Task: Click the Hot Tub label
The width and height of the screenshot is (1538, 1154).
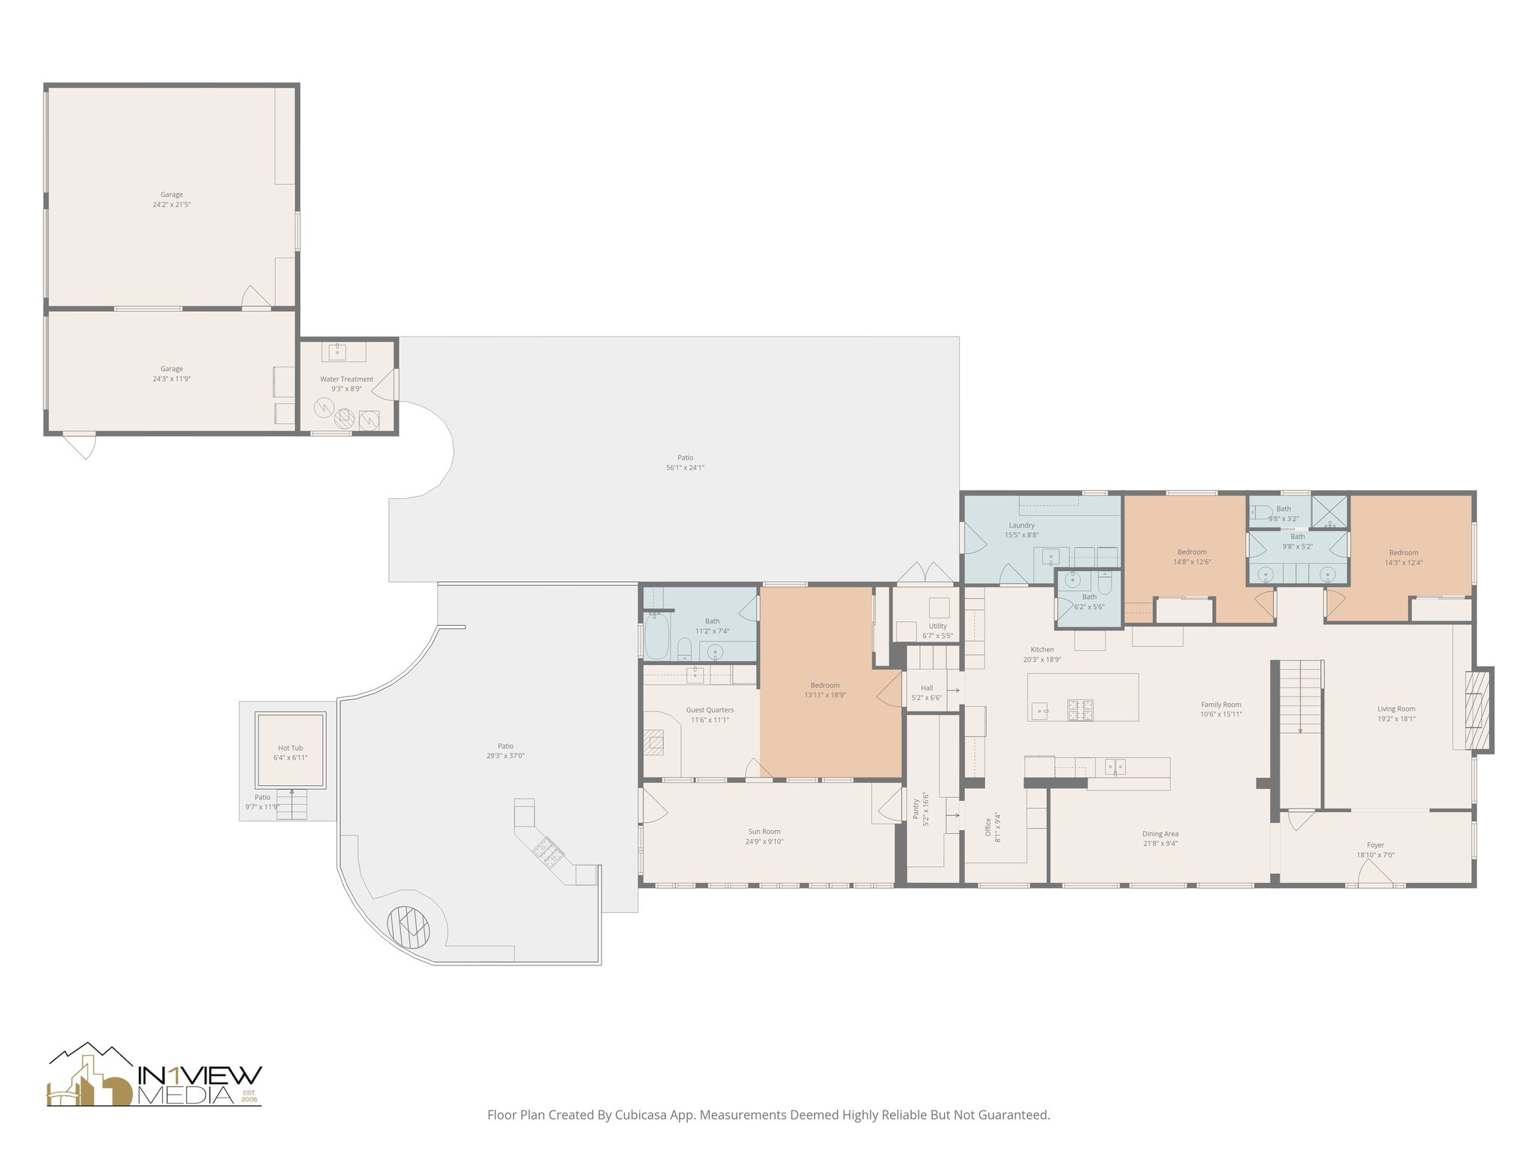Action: click(290, 748)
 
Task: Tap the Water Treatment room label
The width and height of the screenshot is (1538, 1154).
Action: click(346, 379)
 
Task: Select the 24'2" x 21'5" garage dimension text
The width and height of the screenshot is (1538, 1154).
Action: click(171, 204)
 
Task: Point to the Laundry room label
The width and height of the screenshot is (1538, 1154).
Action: click(1021, 525)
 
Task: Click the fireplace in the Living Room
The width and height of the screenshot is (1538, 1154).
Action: click(1475, 709)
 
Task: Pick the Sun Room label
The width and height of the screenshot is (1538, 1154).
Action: click(764, 832)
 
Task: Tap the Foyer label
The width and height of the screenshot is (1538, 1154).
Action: click(1375, 845)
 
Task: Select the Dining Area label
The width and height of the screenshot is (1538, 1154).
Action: click(1160, 834)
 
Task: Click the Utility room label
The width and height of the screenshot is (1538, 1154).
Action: click(937, 626)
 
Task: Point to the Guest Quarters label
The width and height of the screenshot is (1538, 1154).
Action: click(710, 710)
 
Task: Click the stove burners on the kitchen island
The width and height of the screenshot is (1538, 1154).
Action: click(1081, 708)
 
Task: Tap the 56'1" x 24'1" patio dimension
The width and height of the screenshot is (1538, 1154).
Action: click(685, 467)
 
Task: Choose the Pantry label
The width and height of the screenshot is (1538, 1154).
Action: click(916, 809)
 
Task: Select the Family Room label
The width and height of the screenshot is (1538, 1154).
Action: click(1220, 705)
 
